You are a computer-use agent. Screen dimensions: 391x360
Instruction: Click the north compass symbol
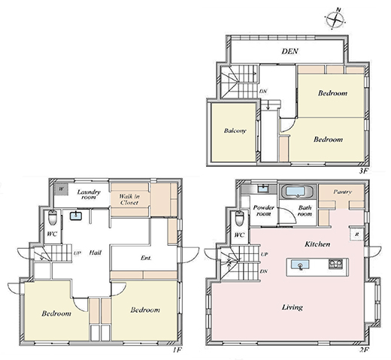click(336, 19)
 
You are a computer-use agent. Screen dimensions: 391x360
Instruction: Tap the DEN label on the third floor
click(289, 51)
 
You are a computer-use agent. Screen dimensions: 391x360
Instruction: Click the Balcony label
click(235, 131)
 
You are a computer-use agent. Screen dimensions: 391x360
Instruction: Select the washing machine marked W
click(61, 189)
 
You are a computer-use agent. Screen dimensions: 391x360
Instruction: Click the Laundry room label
click(89, 195)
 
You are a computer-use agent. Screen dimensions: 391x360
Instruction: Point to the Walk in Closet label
click(129, 199)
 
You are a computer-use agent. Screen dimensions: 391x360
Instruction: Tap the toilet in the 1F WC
click(53, 218)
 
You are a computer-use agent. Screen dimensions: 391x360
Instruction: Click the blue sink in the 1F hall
click(76, 216)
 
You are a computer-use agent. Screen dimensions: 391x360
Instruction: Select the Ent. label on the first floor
click(146, 258)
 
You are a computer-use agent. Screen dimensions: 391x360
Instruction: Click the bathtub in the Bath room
click(298, 192)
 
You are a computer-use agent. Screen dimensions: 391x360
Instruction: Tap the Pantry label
click(342, 192)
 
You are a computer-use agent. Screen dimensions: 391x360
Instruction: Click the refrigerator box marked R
click(357, 234)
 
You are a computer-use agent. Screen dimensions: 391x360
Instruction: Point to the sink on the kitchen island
click(300, 265)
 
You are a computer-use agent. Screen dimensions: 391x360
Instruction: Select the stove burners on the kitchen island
click(335, 264)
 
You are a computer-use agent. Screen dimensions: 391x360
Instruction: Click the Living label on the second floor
click(292, 307)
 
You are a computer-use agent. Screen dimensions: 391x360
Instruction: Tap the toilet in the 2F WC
click(239, 218)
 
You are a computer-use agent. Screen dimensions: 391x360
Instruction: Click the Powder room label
click(263, 210)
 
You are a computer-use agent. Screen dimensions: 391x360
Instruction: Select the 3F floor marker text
click(363, 171)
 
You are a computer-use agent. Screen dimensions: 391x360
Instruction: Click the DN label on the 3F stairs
click(262, 92)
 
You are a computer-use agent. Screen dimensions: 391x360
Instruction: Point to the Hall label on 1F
click(95, 253)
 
